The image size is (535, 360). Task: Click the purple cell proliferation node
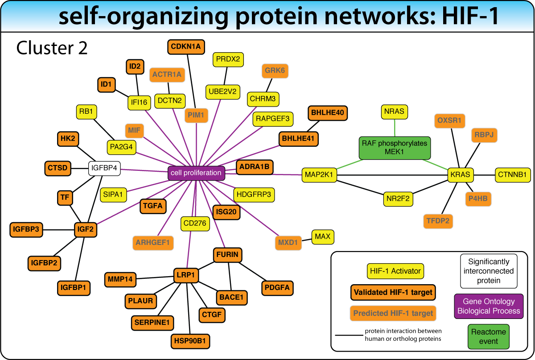pyautogui.click(x=196, y=173)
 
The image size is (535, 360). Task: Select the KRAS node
pyautogui.click(x=460, y=175)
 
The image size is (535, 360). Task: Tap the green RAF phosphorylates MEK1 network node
pyautogui.click(x=395, y=148)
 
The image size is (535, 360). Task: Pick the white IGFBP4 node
pyautogui.click(x=105, y=168)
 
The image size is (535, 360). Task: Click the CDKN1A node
pyautogui.click(x=186, y=46)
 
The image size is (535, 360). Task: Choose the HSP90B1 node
pyautogui.click(x=190, y=341)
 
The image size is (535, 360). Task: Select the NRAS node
pyautogui.click(x=395, y=112)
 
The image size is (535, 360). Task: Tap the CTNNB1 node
pyautogui.click(x=513, y=175)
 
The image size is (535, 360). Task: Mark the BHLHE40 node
pyautogui.click(x=327, y=113)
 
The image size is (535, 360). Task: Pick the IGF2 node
pyautogui.click(x=86, y=230)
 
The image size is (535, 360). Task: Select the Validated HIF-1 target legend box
pyautogui.click(x=393, y=293)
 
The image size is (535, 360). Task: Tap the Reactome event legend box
pyautogui.click(x=489, y=336)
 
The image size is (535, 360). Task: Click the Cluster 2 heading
pyautogui.click(x=52, y=48)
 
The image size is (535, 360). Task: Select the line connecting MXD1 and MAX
pyautogui.click(x=306, y=240)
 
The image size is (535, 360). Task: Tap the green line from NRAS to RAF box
pyautogui.click(x=395, y=128)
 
